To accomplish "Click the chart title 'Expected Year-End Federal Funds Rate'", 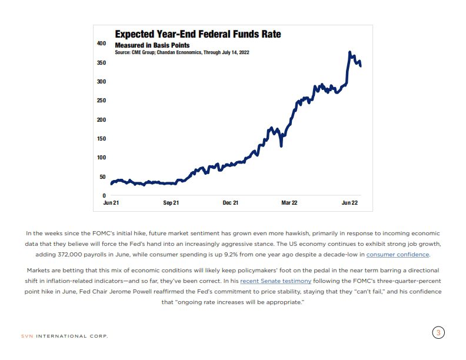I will (198, 34).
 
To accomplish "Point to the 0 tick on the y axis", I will (104, 195).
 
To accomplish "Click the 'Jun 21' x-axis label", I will (111, 203).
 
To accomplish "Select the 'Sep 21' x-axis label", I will (171, 203).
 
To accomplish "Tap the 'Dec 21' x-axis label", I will (230, 203).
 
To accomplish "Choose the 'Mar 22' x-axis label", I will (289, 203).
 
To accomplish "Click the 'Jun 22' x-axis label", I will (351, 203).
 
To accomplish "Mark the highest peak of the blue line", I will (350, 52).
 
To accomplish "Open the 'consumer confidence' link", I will (398, 255).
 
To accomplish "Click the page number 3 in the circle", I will (438, 333).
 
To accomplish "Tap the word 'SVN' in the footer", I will (26, 336).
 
